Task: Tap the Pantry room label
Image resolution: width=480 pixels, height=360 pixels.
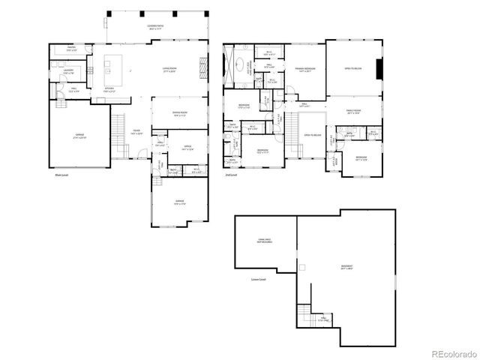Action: (x=71, y=48)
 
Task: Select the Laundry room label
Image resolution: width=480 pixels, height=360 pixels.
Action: (x=68, y=70)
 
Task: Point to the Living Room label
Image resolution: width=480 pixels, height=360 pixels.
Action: (x=169, y=70)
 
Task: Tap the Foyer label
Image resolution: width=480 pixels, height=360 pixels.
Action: (x=137, y=132)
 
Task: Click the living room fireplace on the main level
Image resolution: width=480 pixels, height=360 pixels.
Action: (x=201, y=66)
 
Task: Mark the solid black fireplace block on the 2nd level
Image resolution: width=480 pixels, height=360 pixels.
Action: (x=379, y=69)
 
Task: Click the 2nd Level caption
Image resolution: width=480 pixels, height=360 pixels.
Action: (x=231, y=175)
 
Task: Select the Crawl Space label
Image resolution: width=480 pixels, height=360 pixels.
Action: (x=263, y=241)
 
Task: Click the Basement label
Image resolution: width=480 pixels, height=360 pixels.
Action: (x=346, y=266)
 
